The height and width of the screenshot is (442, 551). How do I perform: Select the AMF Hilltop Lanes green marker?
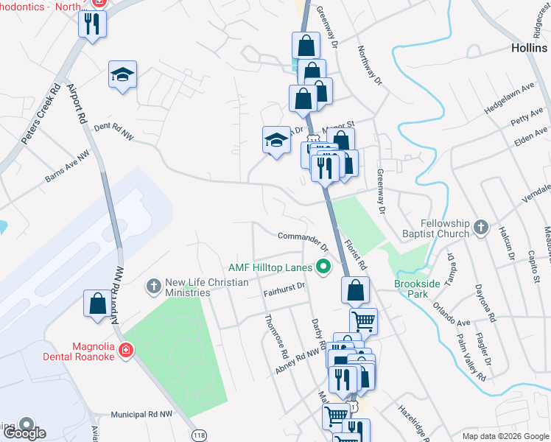(x=322, y=266)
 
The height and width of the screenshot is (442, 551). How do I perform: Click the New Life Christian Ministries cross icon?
(x=154, y=284)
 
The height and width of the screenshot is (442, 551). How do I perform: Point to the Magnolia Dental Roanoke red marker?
(x=127, y=348)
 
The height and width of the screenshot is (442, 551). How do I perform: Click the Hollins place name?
(x=530, y=47)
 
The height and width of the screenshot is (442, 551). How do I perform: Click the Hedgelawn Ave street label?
(x=509, y=98)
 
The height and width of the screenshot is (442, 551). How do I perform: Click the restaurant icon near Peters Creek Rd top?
(x=92, y=24)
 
